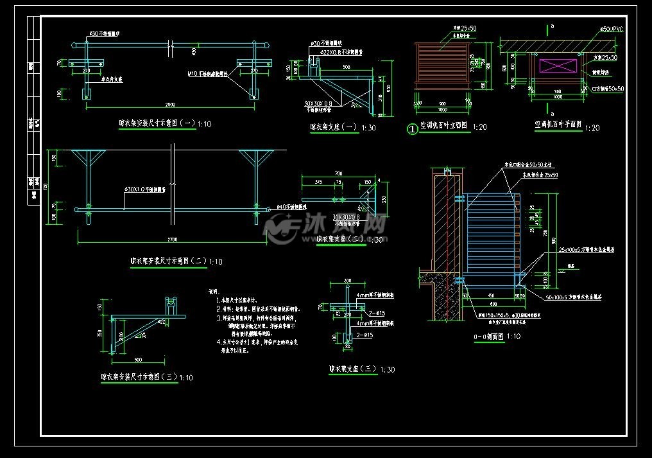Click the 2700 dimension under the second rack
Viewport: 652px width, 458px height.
point(172,240)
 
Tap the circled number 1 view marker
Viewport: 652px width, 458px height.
point(413,128)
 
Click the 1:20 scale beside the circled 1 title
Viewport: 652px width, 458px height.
point(479,127)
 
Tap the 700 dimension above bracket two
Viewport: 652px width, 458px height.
point(338,174)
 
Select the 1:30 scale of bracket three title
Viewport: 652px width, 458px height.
point(388,370)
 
